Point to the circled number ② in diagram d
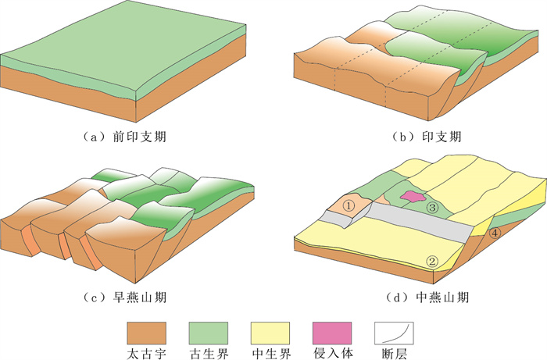coord(431,260)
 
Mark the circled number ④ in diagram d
coord(494,232)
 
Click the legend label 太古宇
coord(146,353)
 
